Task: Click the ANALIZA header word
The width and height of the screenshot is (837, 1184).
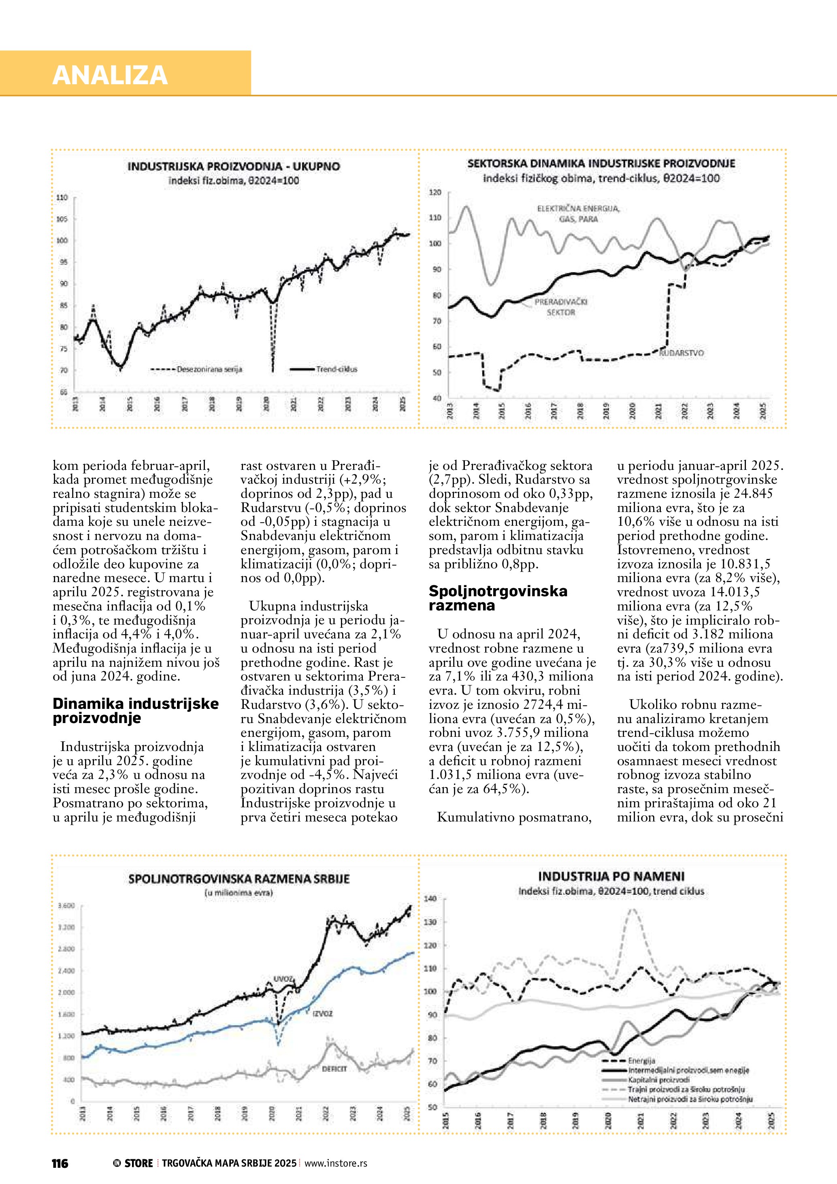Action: (x=110, y=75)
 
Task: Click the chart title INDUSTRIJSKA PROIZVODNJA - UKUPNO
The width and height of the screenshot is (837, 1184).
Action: (x=234, y=166)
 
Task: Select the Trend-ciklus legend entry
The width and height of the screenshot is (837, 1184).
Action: (x=336, y=369)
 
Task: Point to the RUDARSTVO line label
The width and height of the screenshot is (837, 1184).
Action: (x=682, y=353)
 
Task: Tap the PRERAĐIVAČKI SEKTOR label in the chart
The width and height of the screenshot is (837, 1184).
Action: (x=560, y=307)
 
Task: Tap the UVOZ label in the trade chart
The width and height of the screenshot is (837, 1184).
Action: (x=283, y=979)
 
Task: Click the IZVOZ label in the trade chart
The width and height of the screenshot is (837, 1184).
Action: (x=323, y=1013)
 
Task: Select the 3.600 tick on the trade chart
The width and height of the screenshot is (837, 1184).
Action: (x=66, y=906)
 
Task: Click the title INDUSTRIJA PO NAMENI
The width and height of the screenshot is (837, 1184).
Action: (x=611, y=876)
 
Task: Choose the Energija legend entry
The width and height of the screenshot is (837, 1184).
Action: (x=642, y=1061)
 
